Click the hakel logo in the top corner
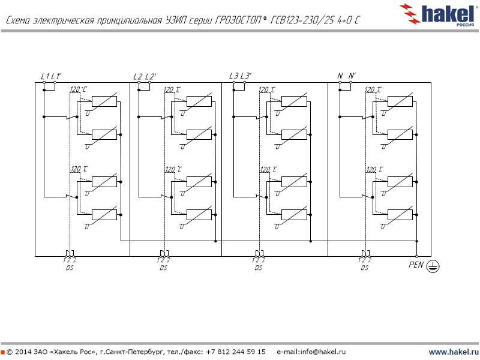(x=441, y=13)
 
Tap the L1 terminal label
(x=44, y=76)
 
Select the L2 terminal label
(x=137, y=76)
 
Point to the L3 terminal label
(x=233, y=76)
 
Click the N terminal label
(x=340, y=76)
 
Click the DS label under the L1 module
(x=69, y=268)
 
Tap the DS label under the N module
(x=364, y=268)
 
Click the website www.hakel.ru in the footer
(x=453, y=352)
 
